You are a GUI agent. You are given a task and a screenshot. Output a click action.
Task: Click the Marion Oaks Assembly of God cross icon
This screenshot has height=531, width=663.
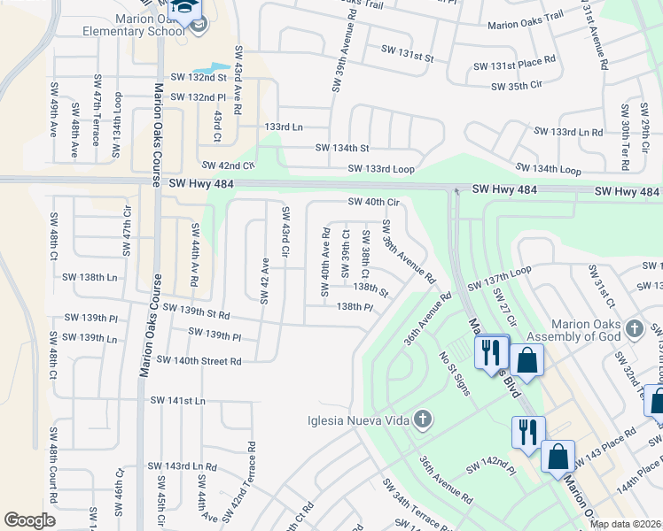(x=633, y=329)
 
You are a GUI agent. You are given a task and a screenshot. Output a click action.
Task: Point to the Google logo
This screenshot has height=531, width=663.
(x=29, y=519)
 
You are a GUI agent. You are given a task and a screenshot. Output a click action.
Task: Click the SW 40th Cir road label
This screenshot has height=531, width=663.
(x=374, y=202)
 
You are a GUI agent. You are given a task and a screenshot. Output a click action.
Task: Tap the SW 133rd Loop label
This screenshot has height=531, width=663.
(x=381, y=168)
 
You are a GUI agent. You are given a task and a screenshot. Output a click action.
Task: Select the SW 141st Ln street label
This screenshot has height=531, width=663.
(x=177, y=400)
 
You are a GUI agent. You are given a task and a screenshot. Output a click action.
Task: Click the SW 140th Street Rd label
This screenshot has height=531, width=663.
(x=199, y=360)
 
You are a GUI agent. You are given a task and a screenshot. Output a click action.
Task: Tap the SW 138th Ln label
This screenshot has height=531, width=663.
(x=89, y=277)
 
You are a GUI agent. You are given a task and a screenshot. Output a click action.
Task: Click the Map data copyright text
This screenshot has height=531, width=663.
(x=625, y=524)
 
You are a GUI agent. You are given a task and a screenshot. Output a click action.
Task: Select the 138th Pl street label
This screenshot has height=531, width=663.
(x=355, y=306)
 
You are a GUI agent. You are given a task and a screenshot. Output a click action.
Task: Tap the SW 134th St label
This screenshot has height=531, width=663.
(x=342, y=148)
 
